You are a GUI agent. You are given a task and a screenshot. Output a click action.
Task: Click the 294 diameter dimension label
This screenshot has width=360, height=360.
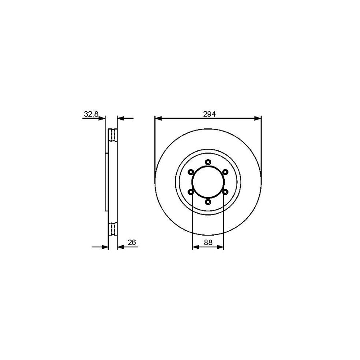pyautogui.click(x=209, y=114)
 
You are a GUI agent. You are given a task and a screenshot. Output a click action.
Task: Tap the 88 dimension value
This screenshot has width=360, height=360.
pyautogui.click(x=208, y=242)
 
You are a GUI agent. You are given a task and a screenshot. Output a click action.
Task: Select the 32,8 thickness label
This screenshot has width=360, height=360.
pyautogui.click(x=91, y=114)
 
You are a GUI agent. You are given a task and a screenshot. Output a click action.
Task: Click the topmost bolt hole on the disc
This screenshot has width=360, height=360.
pyautogui.click(x=208, y=162)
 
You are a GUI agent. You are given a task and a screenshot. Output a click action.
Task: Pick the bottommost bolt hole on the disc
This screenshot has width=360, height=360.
pyautogui.click(x=208, y=202)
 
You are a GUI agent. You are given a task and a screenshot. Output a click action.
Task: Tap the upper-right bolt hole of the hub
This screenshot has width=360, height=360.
pyautogui.click(x=226, y=172)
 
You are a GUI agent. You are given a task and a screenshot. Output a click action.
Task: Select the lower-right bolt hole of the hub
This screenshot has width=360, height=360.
pyautogui.click(x=226, y=192)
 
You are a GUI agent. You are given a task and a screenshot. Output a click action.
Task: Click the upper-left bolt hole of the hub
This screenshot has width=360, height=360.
pyautogui.click(x=191, y=172)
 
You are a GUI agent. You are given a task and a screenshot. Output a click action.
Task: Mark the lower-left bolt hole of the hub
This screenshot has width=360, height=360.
pyautogui.click(x=191, y=192)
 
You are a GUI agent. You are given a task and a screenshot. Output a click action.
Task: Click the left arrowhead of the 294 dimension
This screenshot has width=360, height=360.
pyautogui.click(x=157, y=118)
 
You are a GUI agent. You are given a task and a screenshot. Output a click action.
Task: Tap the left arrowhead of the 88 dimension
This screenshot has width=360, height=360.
pyautogui.click(x=195, y=247)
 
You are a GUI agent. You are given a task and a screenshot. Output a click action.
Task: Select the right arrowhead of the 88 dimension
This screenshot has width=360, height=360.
pyautogui.click(x=221, y=247)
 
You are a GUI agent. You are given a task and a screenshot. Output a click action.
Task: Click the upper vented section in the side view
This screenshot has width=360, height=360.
pyautogui.click(x=113, y=135)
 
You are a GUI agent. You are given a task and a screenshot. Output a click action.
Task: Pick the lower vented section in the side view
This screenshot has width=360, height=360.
pyautogui.click(x=113, y=229)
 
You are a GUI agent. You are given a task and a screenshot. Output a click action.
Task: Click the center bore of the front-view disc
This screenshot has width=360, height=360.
pyautogui.click(x=208, y=182)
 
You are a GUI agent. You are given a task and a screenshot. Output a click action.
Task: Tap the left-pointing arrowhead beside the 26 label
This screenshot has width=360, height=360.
pyautogui.click(x=120, y=247)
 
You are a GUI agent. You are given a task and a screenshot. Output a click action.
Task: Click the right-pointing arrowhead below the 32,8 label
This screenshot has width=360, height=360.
pyautogui.click(x=102, y=118)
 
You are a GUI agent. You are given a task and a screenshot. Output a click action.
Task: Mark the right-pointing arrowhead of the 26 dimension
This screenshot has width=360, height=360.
pyautogui.click(x=106, y=247)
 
